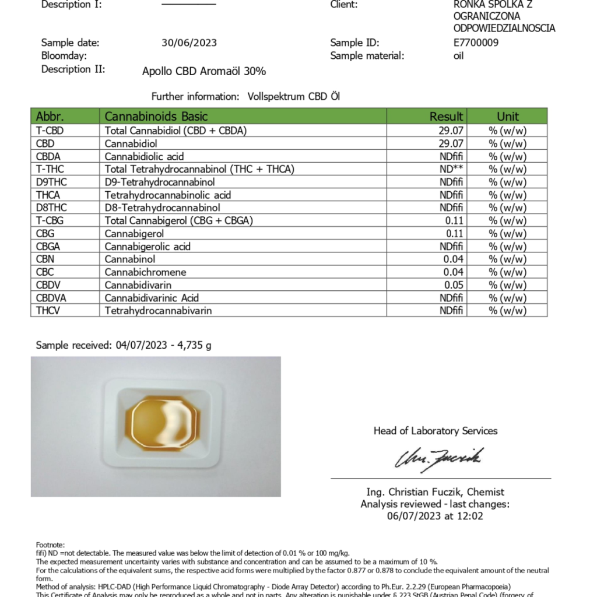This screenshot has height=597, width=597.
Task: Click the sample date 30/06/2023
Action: [x=189, y=43]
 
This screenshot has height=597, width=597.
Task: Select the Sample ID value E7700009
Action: [x=476, y=43]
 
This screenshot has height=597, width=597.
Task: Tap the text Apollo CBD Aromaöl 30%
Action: [x=204, y=72]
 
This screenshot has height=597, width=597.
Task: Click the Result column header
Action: [x=446, y=116]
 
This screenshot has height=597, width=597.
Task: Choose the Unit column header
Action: [x=507, y=116]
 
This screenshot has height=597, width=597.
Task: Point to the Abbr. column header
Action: [x=50, y=116]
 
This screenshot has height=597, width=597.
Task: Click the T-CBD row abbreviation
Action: [x=50, y=131]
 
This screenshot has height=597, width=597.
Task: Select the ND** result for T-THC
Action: [x=451, y=169]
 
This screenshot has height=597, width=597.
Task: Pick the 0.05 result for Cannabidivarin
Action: [x=453, y=285]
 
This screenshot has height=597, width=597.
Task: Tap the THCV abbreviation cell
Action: [x=48, y=311]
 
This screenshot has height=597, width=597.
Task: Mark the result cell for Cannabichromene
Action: [x=453, y=272]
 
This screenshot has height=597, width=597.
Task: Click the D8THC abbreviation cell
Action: [x=51, y=208]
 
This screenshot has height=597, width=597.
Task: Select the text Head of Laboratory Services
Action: [x=436, y=431]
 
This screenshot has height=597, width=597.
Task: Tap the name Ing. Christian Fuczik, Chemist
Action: [x=435, y=492]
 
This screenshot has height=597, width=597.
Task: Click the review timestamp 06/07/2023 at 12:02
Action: [x=435, y=516]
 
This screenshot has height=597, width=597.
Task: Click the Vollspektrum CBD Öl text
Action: [x=293, y=96]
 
